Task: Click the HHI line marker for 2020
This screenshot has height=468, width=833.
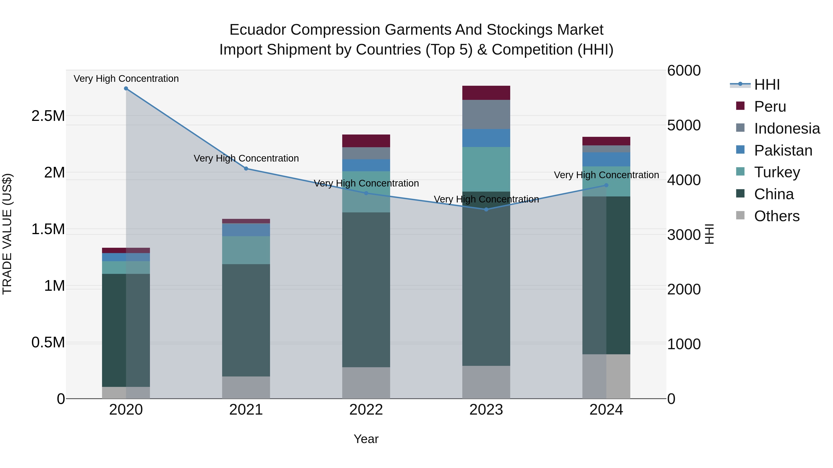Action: [x=126, y=89]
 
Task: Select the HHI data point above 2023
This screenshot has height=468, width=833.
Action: [x=486, y=209]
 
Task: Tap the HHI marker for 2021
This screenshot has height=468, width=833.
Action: [x=246, y=169]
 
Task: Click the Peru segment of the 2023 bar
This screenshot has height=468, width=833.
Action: [x=486, y=93]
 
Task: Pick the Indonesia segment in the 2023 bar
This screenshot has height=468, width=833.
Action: [x=486, y=114]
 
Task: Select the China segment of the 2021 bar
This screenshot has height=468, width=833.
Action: [x=246, y=320]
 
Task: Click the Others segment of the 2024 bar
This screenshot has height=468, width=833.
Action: [x=606, y=376]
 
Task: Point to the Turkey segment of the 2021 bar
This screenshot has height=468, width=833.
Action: [x=246, y=250]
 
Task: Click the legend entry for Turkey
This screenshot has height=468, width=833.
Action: [x=777, y=172]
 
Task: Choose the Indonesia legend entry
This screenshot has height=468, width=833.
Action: [x=787, y=128]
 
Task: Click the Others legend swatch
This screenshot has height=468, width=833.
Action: [x=740, y=215]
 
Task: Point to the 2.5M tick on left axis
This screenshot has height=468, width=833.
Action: [x=48, y=116]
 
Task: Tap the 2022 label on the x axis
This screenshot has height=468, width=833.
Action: [x=366, y=410]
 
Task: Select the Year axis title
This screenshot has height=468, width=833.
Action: [x=366, y=439]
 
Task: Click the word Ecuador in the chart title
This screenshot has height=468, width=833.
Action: [x=257, y=30]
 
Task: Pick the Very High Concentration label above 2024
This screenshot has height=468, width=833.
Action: [x=606, y=175]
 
